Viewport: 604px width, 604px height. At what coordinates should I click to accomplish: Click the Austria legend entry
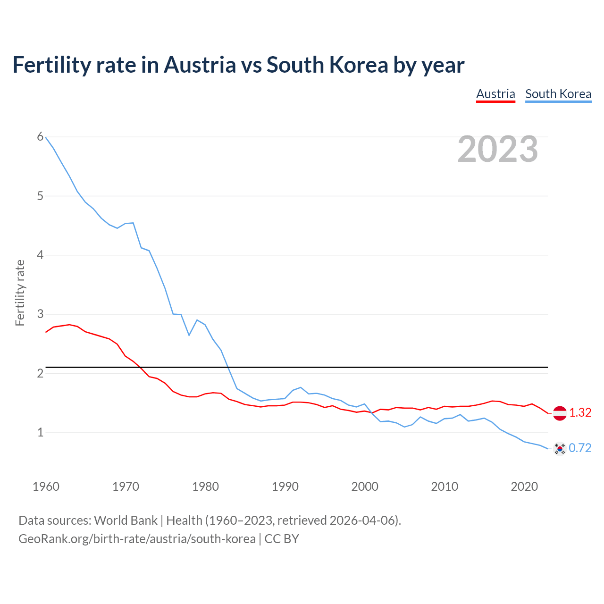[495, 94]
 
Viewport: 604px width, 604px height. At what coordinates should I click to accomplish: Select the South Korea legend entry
[558, 94]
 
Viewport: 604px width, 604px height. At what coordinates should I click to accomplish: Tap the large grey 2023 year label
[498, 149]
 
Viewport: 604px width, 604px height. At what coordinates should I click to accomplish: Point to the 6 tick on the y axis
[40, 137]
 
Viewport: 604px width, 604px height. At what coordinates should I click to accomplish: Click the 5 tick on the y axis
[40, 196]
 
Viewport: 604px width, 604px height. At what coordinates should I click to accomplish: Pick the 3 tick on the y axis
[40, 314]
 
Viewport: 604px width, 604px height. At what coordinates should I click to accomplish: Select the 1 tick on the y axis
[40, 432]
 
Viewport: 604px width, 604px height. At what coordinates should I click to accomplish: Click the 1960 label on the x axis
[46, 487]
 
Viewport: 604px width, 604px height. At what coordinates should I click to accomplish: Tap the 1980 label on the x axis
[205, 487]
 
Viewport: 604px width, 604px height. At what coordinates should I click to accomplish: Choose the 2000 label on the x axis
[365, 487]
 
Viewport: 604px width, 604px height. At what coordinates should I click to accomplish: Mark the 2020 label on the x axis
[524, 487]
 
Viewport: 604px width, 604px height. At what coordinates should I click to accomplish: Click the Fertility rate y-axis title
[20, 293]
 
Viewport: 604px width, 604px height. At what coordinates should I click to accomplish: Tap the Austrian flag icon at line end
[560, 413]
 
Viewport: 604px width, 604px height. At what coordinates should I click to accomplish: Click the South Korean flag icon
[560, 448]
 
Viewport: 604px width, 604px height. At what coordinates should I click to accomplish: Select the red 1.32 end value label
[580, 413]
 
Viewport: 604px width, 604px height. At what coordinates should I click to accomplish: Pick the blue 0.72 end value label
[580, 448]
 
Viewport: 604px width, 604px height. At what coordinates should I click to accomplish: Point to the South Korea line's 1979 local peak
[197, 320]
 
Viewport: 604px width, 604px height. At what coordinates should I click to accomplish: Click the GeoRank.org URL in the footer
[137, 539]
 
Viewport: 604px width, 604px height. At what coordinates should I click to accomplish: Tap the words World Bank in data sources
[126, 520]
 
